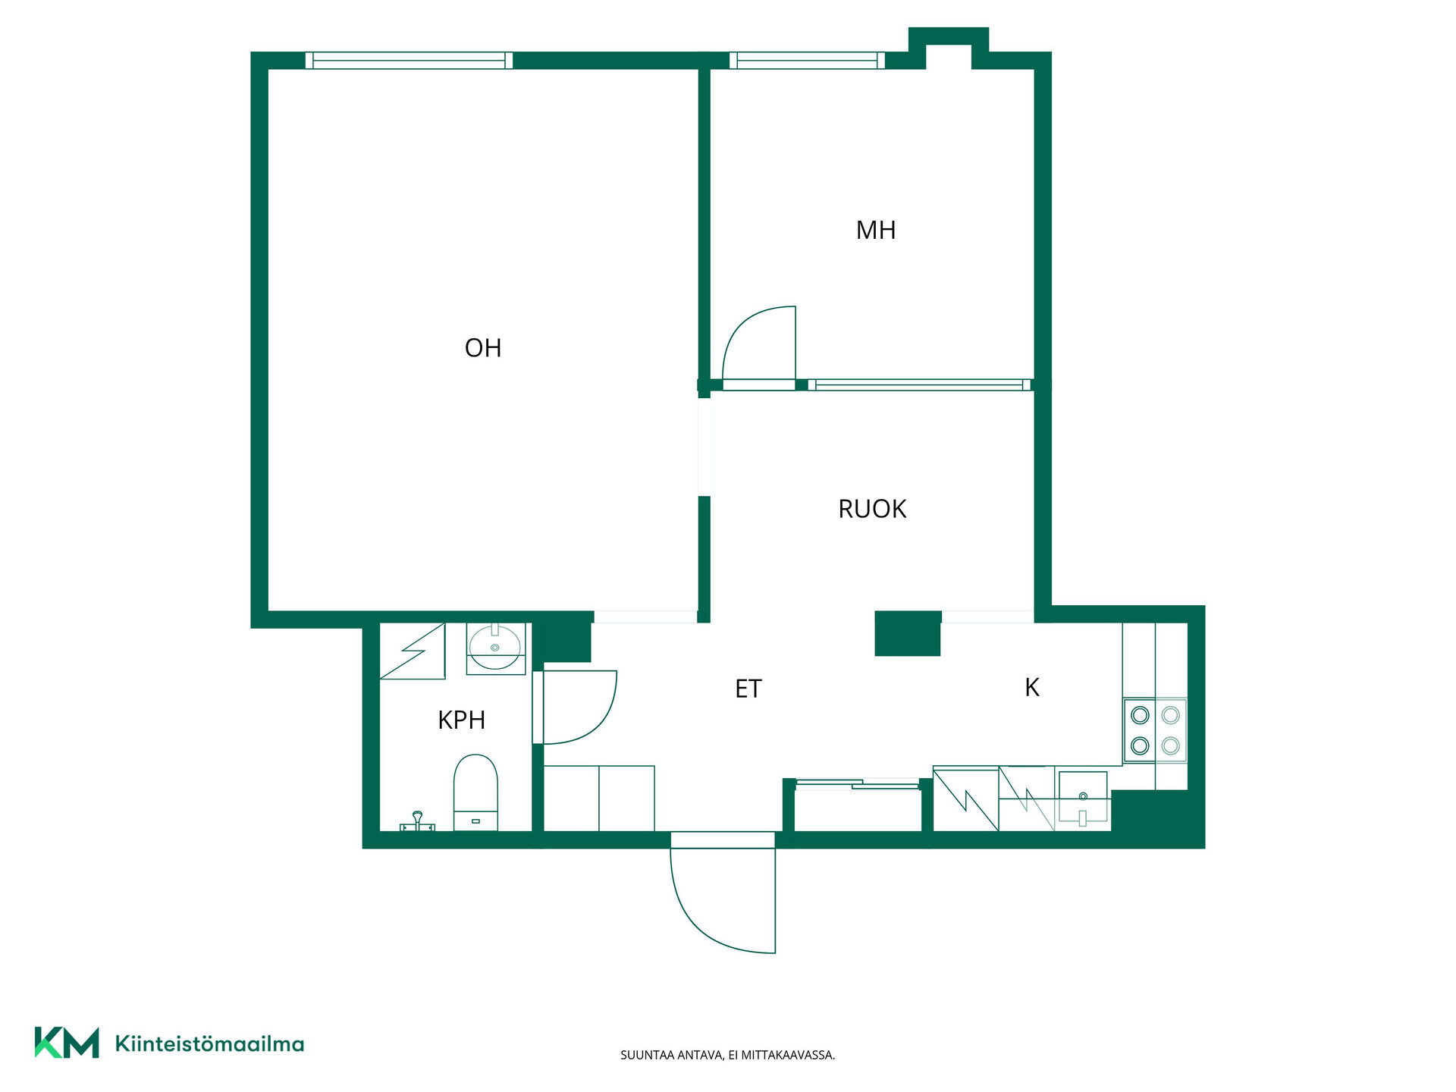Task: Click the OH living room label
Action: pyautogui.click(x=483, y=348)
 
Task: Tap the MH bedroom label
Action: pyautogui.click(x=876, y=230)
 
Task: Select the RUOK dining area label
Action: pyautogui.click(x=872, y=509)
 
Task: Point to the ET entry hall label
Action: pyautogui.click(x=748, y=689)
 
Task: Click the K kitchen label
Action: pyautogui.click(x=1032, y=687)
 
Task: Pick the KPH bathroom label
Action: pyautogui.click(x=461, y=720)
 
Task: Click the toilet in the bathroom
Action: pyautogui.click(x=475, y=792)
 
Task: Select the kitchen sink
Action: pyautogui.click(x=1083, y=799)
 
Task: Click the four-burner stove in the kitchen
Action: pyautogui.click(x=1155, y=730)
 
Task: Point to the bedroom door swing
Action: pyautogui.click(x=759, y=345)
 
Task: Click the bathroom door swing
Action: pyautogui.click(x=580, y=707)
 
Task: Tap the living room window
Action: pyautogui.click(x=409, y=61)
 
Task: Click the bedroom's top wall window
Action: pyautogui.click(x=807, y=61)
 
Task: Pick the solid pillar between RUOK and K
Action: pyautogui.click(x=908, y=633)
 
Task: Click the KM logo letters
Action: pyautogui.click(x=67, y=1043)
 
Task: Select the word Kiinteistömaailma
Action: pyautogui.click(x=209, y=1044)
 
